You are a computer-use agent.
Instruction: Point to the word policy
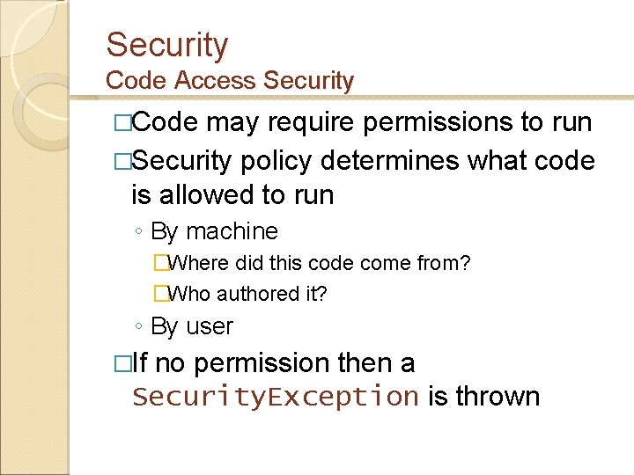[274, 162]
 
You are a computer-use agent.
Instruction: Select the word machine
[232, 231]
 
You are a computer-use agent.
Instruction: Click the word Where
[198, 263]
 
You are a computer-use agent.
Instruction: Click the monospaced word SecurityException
[275, 397]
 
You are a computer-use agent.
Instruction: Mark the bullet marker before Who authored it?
[160, 294]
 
